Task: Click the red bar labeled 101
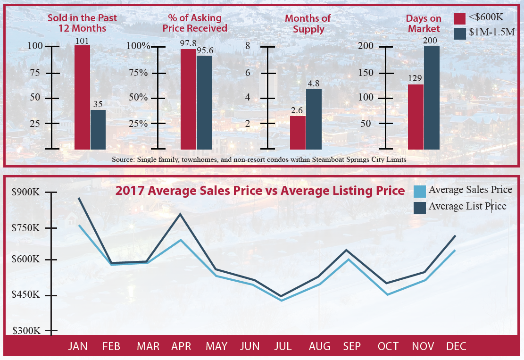[x=82, y=97]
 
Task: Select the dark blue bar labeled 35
[x=98, y=129]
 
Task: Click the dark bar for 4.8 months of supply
[x=314, y=118]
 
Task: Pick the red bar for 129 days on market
[x=416, y=117]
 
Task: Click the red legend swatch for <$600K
[x=460, y=18]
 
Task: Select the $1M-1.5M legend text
[x=491, y=33]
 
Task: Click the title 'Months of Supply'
[x=308, y=24]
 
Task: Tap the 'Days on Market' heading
[x=424, y=24]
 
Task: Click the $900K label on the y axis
[x=26, y=193]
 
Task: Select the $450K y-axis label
[x=26, y=295]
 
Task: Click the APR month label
[x=181, y=346]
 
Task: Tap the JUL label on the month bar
[x=283, y=346]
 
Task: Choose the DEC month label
[x=456, y=346]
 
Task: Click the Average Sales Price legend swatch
[x=420, y=191]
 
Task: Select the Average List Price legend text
[x=467, y=206]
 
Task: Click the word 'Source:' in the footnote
[x=123, y=160]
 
